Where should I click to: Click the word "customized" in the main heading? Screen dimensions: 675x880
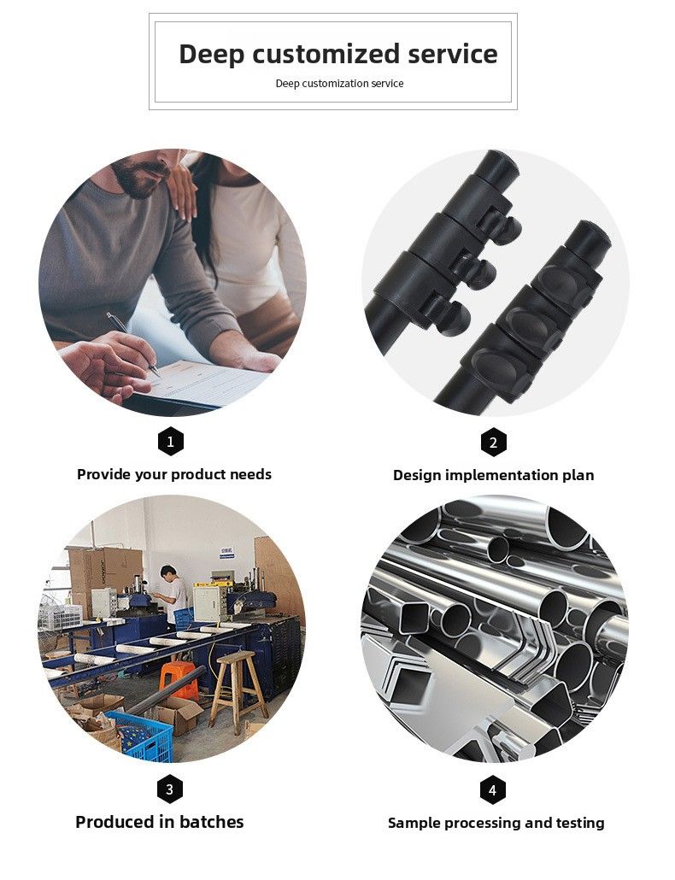326,55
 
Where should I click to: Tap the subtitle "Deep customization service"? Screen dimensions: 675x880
339,84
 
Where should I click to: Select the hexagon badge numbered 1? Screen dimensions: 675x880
171,442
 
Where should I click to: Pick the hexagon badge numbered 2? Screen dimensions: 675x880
493,443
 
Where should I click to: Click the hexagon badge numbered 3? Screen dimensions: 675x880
169,789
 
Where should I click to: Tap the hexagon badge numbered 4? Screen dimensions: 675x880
493,790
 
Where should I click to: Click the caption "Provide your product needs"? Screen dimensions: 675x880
174,474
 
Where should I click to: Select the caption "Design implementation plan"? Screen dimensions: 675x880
493,475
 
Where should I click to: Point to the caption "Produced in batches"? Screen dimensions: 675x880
160,822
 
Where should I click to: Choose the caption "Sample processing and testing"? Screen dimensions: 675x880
496,824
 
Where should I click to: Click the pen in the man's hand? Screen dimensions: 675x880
133,344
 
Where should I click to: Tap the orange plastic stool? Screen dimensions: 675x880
179,679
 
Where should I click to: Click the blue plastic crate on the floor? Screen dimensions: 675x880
140,736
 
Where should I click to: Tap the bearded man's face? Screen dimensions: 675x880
142,171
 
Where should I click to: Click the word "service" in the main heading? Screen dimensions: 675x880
452,55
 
